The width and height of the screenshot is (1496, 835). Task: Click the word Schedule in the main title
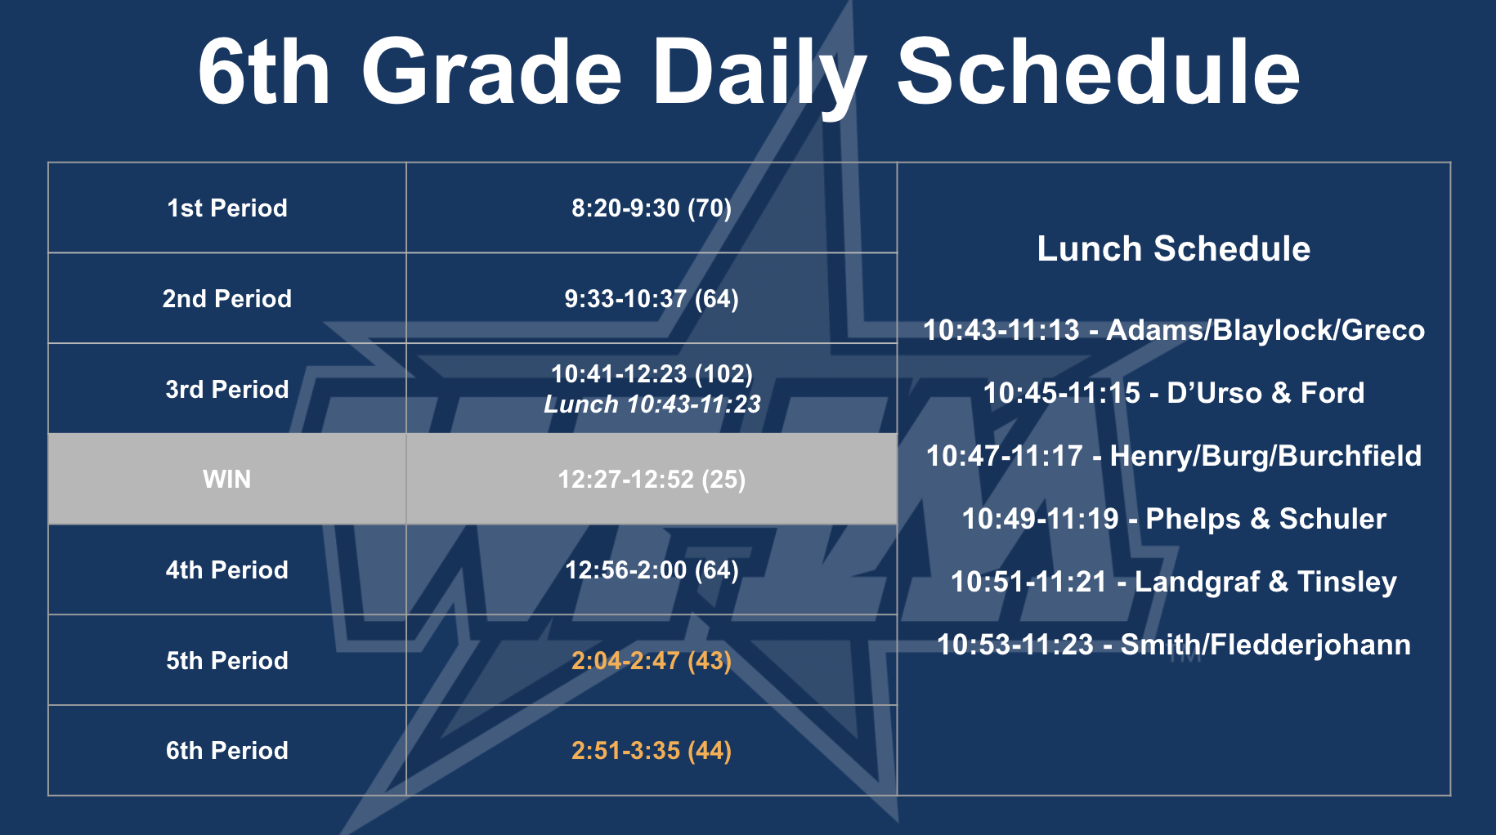[x=1098, y=72]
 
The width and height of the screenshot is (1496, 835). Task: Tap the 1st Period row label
[x=227, y=208]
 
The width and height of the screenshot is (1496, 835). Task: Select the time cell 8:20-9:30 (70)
[x=652, y=208]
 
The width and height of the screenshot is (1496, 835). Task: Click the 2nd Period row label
[x=227, y=299]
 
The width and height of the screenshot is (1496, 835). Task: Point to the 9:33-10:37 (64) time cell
[x=652, y=299]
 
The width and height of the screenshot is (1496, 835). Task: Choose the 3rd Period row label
[x=227, y=390]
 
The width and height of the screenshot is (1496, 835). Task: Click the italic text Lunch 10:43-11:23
[x=652, y=404]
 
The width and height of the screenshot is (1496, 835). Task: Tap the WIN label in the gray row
[x=227, y=480]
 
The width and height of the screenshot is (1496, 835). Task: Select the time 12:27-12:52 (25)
[x=652, y=480]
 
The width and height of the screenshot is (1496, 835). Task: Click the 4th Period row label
[x=227, y=570]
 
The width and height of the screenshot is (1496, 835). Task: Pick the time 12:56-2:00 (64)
[x=652, y=570]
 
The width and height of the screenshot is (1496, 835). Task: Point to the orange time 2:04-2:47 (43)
[x=652, y=660]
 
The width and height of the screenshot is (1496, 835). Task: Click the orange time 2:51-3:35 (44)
[x=652, y=750]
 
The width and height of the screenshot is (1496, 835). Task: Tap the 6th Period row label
[x=227, y=751]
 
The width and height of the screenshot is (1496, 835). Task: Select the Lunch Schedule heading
[x=1174, y=249]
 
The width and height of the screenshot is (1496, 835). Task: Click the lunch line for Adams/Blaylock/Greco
[x=1174, y=330]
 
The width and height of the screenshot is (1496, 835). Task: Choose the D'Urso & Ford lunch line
[x=1174, y=393]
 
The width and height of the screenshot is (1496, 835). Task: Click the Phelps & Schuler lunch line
[x=1174, y=519]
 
